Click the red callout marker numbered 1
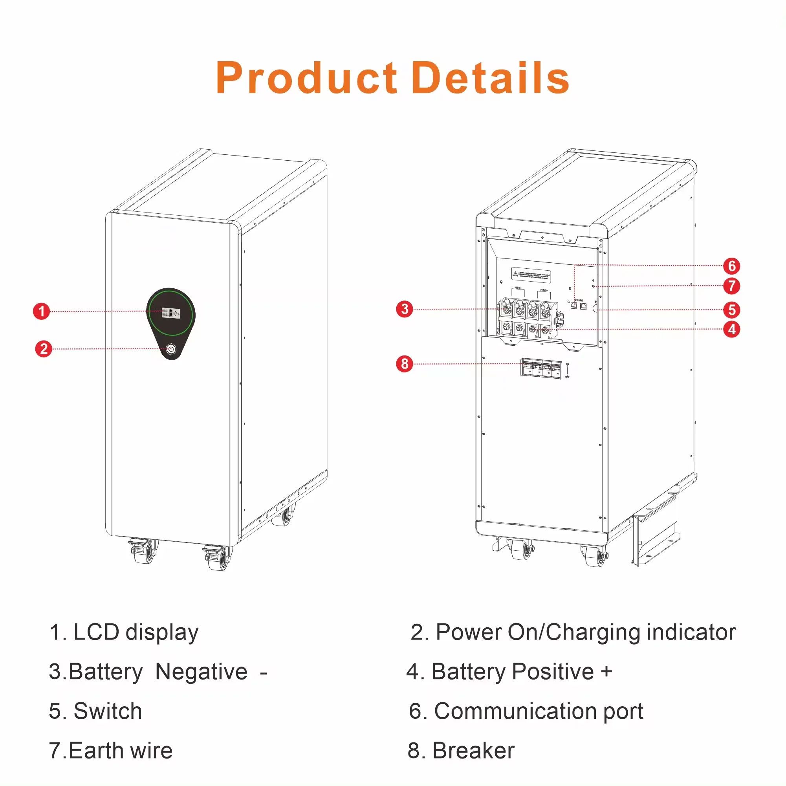(x=41, y=311)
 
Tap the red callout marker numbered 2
(x=44, y=349)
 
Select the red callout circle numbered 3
(x=405, y=309)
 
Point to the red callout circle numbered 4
(x=732, y=329)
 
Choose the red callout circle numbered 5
(x=732, y=310)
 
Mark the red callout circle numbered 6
(x=732, y=266)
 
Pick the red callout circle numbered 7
(x=732, y=286)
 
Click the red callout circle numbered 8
(x=405, y=363)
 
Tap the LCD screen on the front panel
(x=171, y=313)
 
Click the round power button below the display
(x=171, y=349)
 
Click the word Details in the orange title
(x=490, y=78)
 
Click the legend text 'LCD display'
(x=136, y=633)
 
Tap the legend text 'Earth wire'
(x=121, y=751)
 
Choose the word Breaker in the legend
(x=473, y=751)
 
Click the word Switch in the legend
(x=107, y=711)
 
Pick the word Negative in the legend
(x=202, y=672)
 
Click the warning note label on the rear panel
(x=531, y=274)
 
